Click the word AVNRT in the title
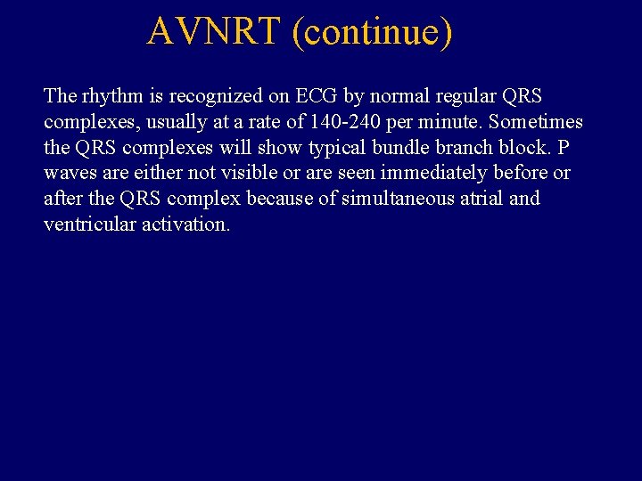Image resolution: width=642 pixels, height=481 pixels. pos(215,31)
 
